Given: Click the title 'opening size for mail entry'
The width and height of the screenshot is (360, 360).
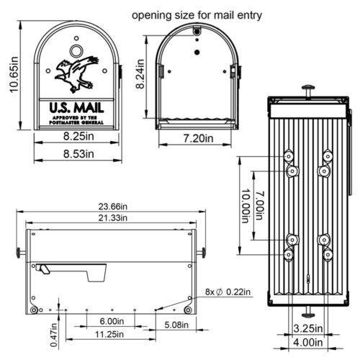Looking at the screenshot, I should [x=197, y=14].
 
